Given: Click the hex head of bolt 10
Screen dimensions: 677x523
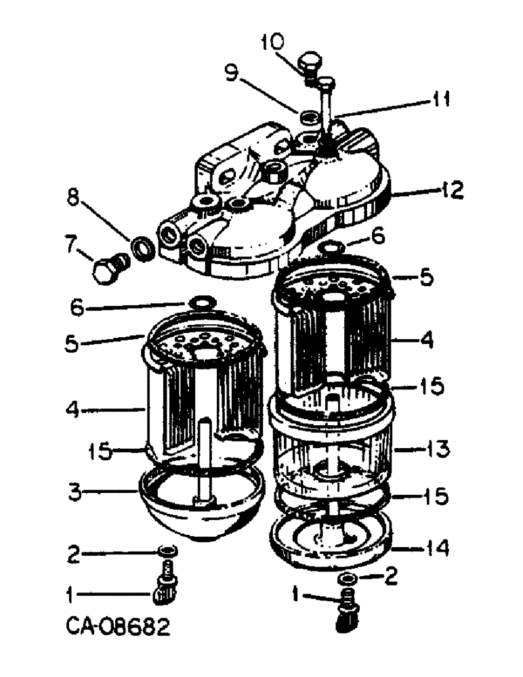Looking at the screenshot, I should pos(311,63).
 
